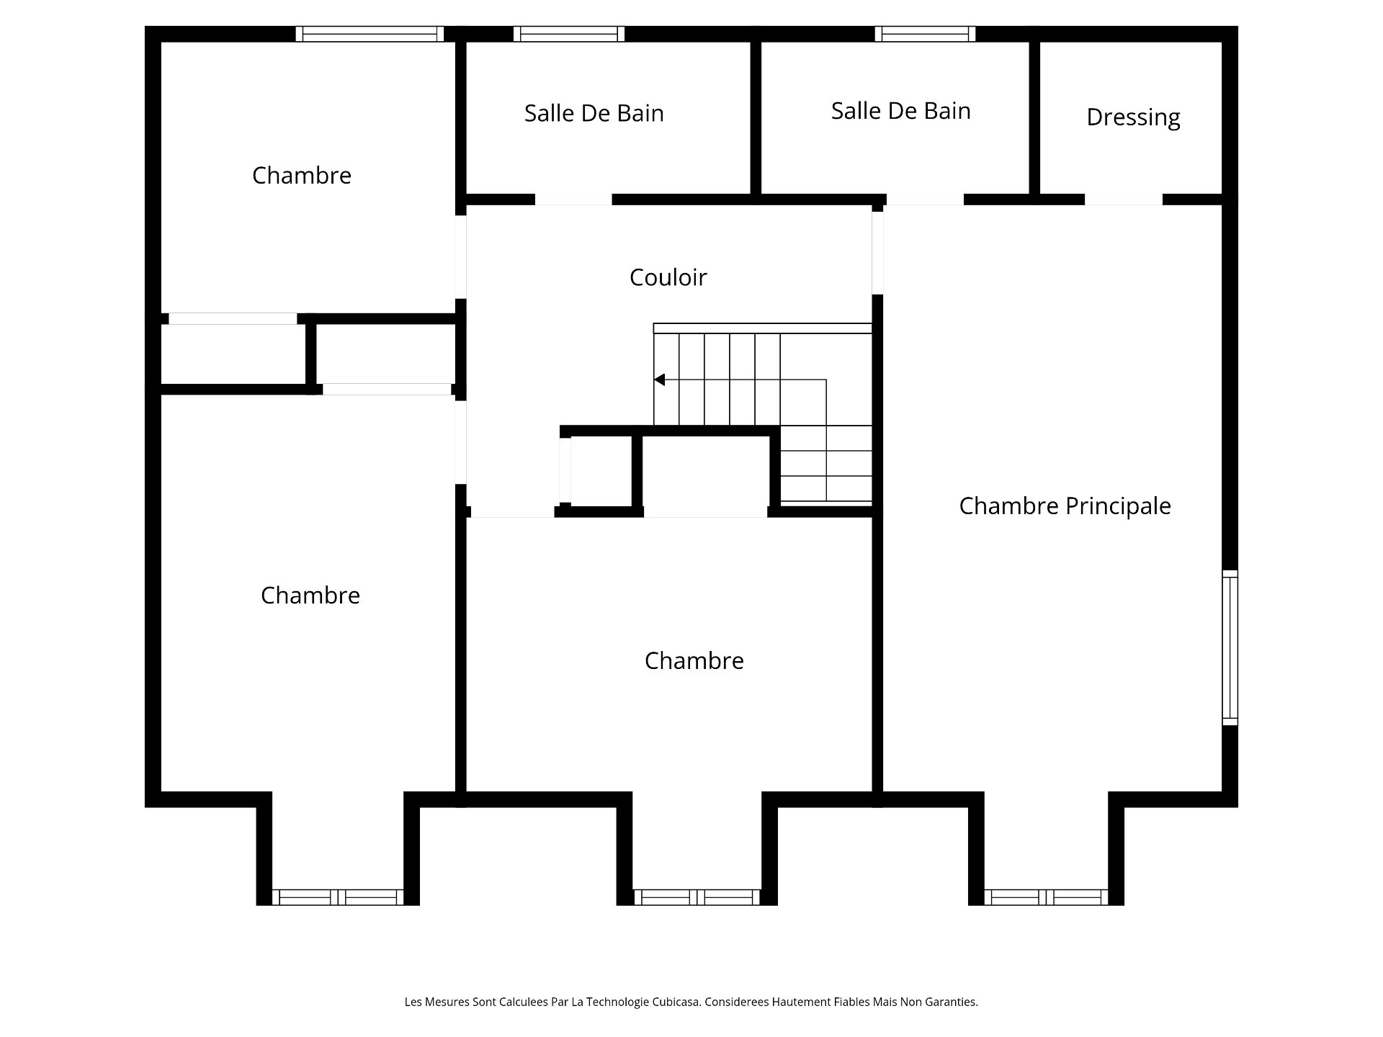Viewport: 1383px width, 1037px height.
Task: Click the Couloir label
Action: coord(668,277)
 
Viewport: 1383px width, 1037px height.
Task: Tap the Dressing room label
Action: coord(1133,117)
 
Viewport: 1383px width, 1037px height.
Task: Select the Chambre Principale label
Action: coord(1065,506)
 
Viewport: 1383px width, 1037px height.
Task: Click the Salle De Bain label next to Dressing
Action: coord(900,111)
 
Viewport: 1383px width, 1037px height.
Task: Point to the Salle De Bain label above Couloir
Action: coord(594,113)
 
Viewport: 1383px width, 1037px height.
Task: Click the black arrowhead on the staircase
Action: coord(659,380)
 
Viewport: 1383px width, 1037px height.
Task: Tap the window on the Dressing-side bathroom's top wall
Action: coord(925,34)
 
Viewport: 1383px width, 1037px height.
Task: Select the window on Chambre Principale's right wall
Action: coord(1230,647)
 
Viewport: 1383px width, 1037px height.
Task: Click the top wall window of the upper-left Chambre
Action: coord(370,34)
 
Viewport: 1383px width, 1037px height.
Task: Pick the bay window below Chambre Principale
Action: coord(1046,897)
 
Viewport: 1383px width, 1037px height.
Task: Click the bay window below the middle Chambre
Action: coord(697,897)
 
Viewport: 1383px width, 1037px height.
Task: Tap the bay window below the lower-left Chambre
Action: coord(338,897)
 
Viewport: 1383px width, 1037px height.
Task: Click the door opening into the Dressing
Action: coord(1123,199)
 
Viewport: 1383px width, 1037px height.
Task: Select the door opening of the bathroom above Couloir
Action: coord(573,199)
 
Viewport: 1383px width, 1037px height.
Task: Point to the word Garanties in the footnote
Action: coord(952,1002)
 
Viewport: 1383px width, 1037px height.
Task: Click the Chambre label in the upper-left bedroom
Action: coord(302,176)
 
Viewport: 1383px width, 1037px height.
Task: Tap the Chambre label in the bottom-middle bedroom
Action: coord(694,660)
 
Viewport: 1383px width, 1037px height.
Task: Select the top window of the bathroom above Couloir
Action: coord(569,34)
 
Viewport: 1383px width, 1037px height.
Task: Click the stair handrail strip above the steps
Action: coord(762,328)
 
